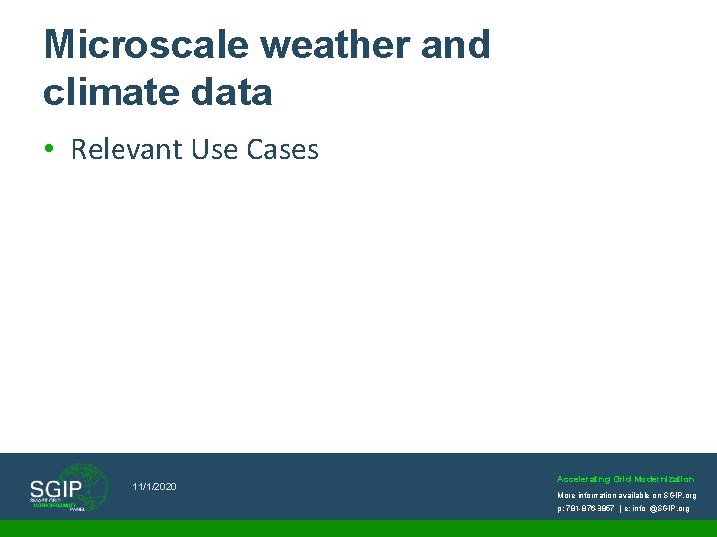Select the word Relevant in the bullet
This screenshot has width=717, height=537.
[x=126, y=150]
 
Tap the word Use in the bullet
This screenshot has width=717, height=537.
[x=214, y=150]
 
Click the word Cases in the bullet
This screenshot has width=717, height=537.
[x=281, y=150]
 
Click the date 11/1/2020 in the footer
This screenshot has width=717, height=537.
[x=154, y=486]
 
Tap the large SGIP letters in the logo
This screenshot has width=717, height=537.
[x=56, y=488]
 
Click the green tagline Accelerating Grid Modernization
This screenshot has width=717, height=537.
[x=625, y=479]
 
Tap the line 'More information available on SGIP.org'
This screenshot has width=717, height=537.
[x=626, y=494]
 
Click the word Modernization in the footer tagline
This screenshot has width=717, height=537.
[x=666, y=479]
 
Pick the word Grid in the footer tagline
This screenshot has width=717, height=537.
[x=623, y=479]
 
